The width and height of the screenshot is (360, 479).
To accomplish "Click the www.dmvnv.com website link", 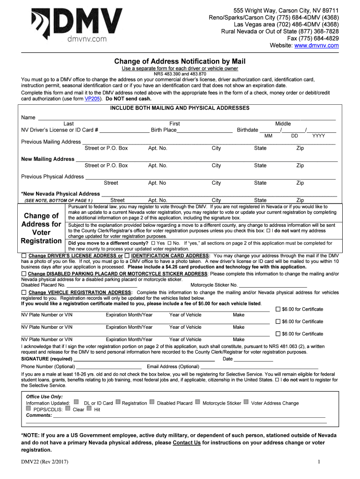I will pos(317,45).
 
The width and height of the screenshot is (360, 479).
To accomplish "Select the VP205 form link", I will pos(92,99).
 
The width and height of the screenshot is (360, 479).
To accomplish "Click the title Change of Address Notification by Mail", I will pos(180,61).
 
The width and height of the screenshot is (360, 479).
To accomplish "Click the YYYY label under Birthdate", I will pos(318,136).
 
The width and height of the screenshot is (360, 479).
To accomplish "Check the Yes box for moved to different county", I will pos(152,243).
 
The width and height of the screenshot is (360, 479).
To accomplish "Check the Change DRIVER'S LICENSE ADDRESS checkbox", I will pos(24,256).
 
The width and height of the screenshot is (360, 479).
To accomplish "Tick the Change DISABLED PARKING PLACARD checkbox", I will pos(24,273).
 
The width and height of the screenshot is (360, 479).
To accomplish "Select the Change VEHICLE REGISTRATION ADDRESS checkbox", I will pos(24,292).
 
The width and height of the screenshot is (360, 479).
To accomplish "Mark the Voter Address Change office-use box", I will pos(246,402).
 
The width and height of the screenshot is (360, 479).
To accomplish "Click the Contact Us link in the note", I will pos(187,443).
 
